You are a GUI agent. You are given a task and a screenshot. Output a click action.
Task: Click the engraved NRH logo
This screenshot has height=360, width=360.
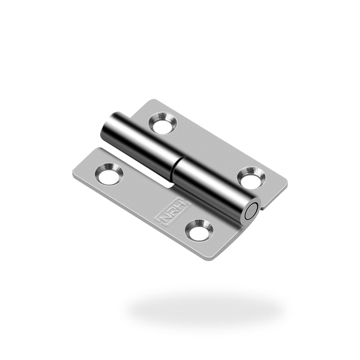[173, 210]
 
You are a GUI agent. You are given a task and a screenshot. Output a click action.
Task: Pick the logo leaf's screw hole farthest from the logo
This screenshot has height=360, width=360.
[109, 174]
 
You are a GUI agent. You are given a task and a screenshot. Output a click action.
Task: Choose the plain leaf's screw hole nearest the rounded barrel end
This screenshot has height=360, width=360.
[163, 123]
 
